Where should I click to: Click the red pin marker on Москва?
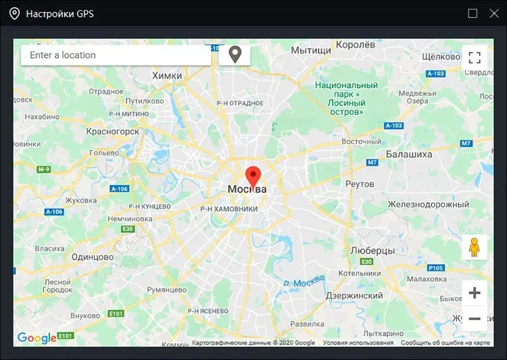pyautogui.click(x=254, y=176)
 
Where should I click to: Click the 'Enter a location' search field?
pyautogui.click(x=115, y=55)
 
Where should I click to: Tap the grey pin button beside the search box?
pyautogui.click(x=235, y=55)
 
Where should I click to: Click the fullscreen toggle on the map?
pyautogui.click(x=475, y=57)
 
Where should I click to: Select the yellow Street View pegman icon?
pyautogui.click(x=475, y=247)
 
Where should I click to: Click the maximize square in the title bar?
pyautogui.click(x=473, y=14)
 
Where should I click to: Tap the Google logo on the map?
pyautogui.click(x=37, y=338)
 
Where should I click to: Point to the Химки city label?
pyautogui.click(x=167, y=76)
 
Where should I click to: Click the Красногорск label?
pyautogui.click(x=113, y=132)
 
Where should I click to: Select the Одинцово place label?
pyautogui.click(x=93, y=257)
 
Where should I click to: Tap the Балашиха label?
pyautogui.click(x=408, y=155)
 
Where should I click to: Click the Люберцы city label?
pyautogui.click(x=372, y=251)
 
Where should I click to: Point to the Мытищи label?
pyautogui.click(x=311, y=51)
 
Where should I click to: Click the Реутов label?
pyautogui.click(x=359, y=184)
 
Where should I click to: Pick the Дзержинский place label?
pyautogui.click(x=354, y=296)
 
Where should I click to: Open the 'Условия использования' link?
pyautogui.click(x=358, y=343)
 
